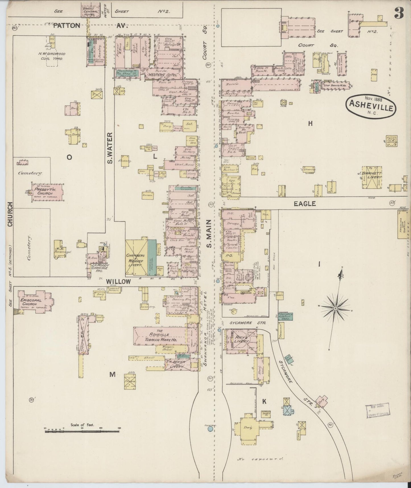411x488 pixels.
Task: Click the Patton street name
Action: point(67,26)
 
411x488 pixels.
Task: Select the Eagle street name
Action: point(305,204)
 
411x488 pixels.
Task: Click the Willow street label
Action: point(118,282)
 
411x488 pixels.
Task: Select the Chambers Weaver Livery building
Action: point(137,258)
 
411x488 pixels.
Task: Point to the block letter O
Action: point(69,157)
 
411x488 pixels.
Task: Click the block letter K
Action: point(264,402)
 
